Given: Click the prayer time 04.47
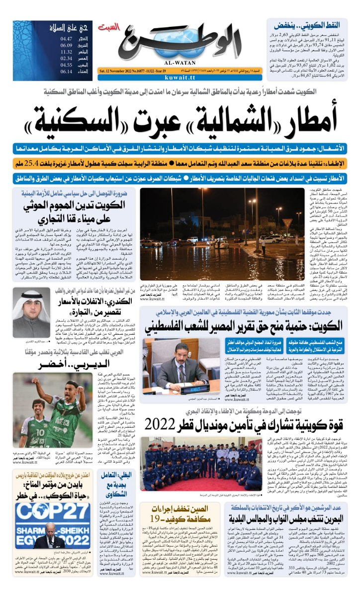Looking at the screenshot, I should (x=66, y=38).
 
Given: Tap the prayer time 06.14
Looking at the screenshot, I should (x=66, y=71).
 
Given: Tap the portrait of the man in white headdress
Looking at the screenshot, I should (x=31, y=311).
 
